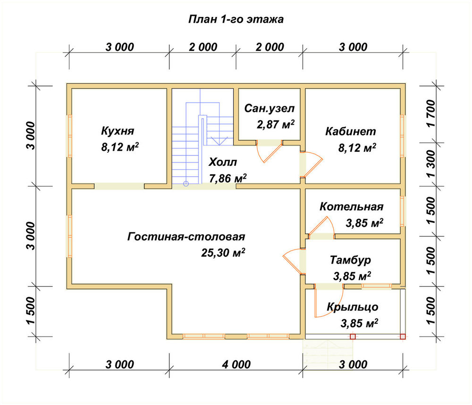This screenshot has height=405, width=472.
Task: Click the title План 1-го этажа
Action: pyautogui.click(x=236, y=19)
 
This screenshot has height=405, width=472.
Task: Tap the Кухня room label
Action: pyautogui.click(x=118, y=131)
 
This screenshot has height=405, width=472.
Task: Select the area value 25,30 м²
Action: pyautogui.click(x=223, y=252)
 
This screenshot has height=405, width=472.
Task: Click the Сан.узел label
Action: pyautogui.click(x=269, y=108)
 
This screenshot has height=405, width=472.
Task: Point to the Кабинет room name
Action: pyautogui.click(x=351, y=131)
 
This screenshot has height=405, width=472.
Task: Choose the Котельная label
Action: pyautogui.click(x=352, y=207)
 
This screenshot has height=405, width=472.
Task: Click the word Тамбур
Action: pyautogui.click(x=350, y=260)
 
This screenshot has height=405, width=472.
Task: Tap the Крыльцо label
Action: pyautogui.click(x=353, y=307)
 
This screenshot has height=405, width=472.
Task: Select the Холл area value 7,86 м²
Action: pyautogui.click(x=228, y=178)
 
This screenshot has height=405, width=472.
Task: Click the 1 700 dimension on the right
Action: pyautogui.click(x=431, y=113)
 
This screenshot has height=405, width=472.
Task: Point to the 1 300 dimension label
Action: pyautogui.click(x=431, y=164)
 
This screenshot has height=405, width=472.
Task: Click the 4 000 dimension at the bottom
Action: pyautogui.click(x=236, y=364)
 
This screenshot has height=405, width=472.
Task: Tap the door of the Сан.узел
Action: pyautogui.click(x=269, y=151)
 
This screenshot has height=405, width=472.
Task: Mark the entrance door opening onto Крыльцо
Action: pyautogui.click(x=328, y=302)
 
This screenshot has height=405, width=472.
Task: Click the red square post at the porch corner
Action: pyautogui.click(x=403, y=336)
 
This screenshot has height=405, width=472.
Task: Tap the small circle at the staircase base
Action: pyautogui.click(x=186, y=183)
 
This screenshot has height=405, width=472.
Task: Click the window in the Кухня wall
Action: pyautogui.click(x=69, y=136)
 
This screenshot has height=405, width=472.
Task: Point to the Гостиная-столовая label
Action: pyautogui.click(x=186, y=237)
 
